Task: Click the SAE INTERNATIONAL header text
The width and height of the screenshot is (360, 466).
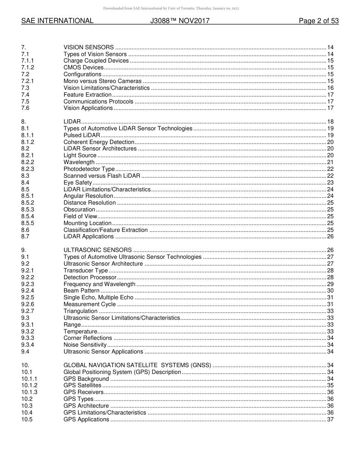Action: click(57, 21)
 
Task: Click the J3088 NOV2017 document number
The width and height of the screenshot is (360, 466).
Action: click(180, 21)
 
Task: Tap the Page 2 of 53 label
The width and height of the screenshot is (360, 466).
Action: click(318, 21)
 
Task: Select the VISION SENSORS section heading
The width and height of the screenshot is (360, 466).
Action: click(88, 47)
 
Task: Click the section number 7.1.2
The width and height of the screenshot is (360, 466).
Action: click(28, 67)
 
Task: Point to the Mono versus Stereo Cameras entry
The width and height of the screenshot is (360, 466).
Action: click(102, 81)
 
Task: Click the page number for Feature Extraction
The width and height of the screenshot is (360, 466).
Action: click(330, 95)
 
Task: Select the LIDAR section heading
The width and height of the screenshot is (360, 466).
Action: click(72, 122)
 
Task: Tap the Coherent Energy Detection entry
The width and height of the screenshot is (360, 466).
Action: click(99, 142)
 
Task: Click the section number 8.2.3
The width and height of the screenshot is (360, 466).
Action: click(28, 169)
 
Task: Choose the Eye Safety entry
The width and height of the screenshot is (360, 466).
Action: click(78, 183)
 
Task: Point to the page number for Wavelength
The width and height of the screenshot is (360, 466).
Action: click(330, 162)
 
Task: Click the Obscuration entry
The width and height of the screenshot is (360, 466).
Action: click(79, 210)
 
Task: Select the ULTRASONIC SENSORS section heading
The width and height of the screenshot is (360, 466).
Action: click(97, 250)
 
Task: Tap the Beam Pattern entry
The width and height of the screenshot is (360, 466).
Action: click(81, 291)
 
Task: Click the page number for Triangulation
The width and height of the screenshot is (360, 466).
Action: click(330, 311)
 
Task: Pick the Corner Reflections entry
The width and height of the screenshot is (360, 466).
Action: click(88, 338)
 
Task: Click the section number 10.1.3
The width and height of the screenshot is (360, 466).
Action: click(29, 392)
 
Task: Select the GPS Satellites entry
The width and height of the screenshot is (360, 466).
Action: click(82, 385)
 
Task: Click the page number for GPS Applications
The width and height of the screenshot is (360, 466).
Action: click(330, 419)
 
